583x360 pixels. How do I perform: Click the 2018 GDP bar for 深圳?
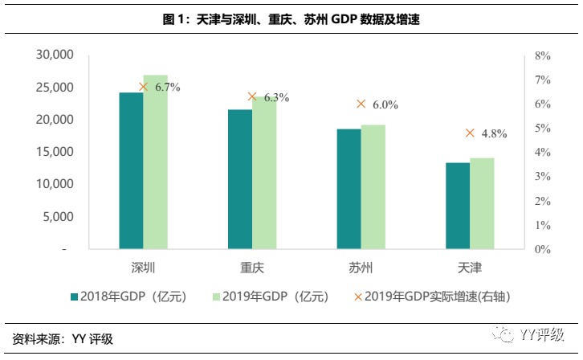pyautogui.click(x=132, y=170)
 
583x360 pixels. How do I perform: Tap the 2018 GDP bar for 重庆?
pyautogui.click(x=240, y=179)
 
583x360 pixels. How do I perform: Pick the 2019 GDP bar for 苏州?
pyautogui.click(x=373, y=186)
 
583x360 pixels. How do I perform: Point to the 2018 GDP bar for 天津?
pyautogui.click(x=458, y=206)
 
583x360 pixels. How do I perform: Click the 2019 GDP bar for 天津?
pyautogui.click(x=482, y=203)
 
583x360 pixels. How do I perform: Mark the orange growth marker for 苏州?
pyautogui.click(x=361, y=104)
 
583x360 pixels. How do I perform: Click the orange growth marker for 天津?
pyautogui.click(x=470, y=133)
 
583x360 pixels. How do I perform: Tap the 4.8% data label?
pyautogui.click(x=494, y=134)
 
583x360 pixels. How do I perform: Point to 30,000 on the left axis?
pyautogui.click(x=55, y=55)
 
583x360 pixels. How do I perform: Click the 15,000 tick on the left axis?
pyautogui.click(x=55, y=152)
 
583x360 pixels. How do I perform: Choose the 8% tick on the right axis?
pyautogui.click(x=542, y=55)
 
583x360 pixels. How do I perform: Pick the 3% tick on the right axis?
pyautogui.click(x=542, y=177)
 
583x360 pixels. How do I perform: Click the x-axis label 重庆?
pyautogui.click(x=252, y=267)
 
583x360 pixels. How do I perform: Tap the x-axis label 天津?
pyautogui.click(x=470, y=267)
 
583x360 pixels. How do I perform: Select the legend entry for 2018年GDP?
pyautogui.click(x=128, y=297)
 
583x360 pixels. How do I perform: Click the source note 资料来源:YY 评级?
pyautogui.click(x=63, y=340)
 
